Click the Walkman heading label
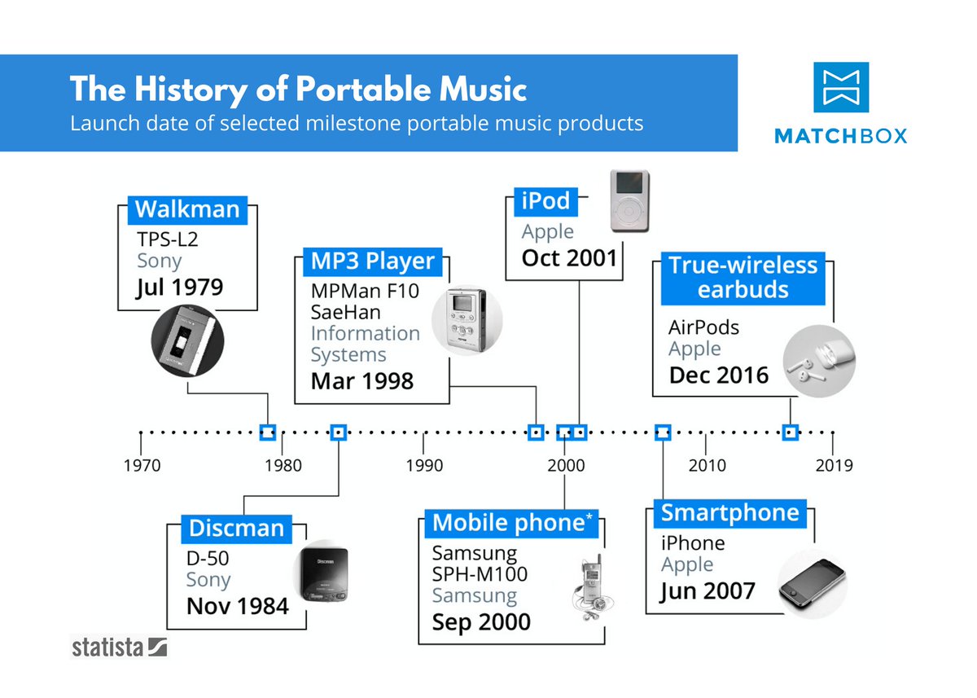(187, 210)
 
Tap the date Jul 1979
(179, 287)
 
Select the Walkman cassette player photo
(187, 340)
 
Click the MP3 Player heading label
(373, 261)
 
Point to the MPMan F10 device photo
(467, 320)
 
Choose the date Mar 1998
(362, 381)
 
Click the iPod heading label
(545, 201)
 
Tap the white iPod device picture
(629, 200)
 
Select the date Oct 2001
(569, 258)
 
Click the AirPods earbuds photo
(819, 361)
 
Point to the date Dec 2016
(718, 375)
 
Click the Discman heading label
(236, 529)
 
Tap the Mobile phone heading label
(512, 524)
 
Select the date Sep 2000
(481, 622)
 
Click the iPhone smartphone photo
(813, 584)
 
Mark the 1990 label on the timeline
(424, 466)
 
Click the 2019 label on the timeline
(834, 466)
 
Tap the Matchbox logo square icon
(841, 87)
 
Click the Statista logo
(119, 648)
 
